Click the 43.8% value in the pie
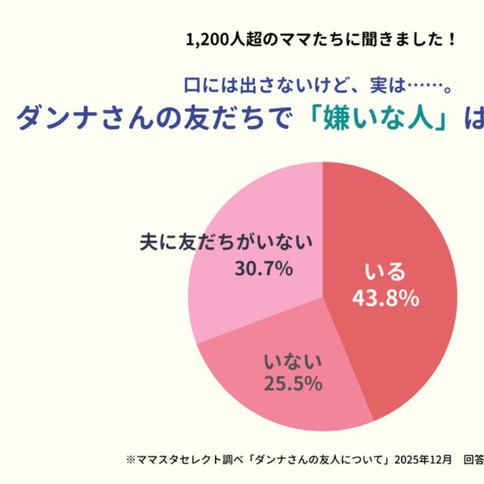[385, 299]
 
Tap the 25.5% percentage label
[293, 383]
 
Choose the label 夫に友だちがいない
[227, 244]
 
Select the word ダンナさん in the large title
[79, 119]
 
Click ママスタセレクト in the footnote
[171, 459]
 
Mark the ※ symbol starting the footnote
[130, 459]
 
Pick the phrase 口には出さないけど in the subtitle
[257, 85]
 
